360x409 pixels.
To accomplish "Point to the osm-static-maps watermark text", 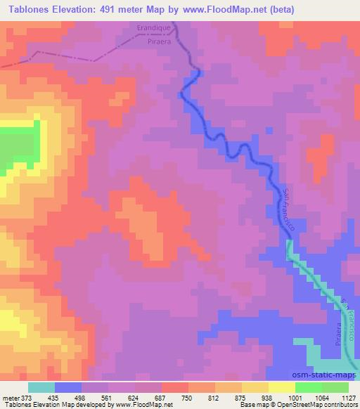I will [x=321, y=375].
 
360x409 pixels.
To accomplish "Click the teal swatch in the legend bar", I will [x=41, y=387].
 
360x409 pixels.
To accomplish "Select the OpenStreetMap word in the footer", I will [x=309, y=405].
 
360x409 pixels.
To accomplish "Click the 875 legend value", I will [x=229, y=398].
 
